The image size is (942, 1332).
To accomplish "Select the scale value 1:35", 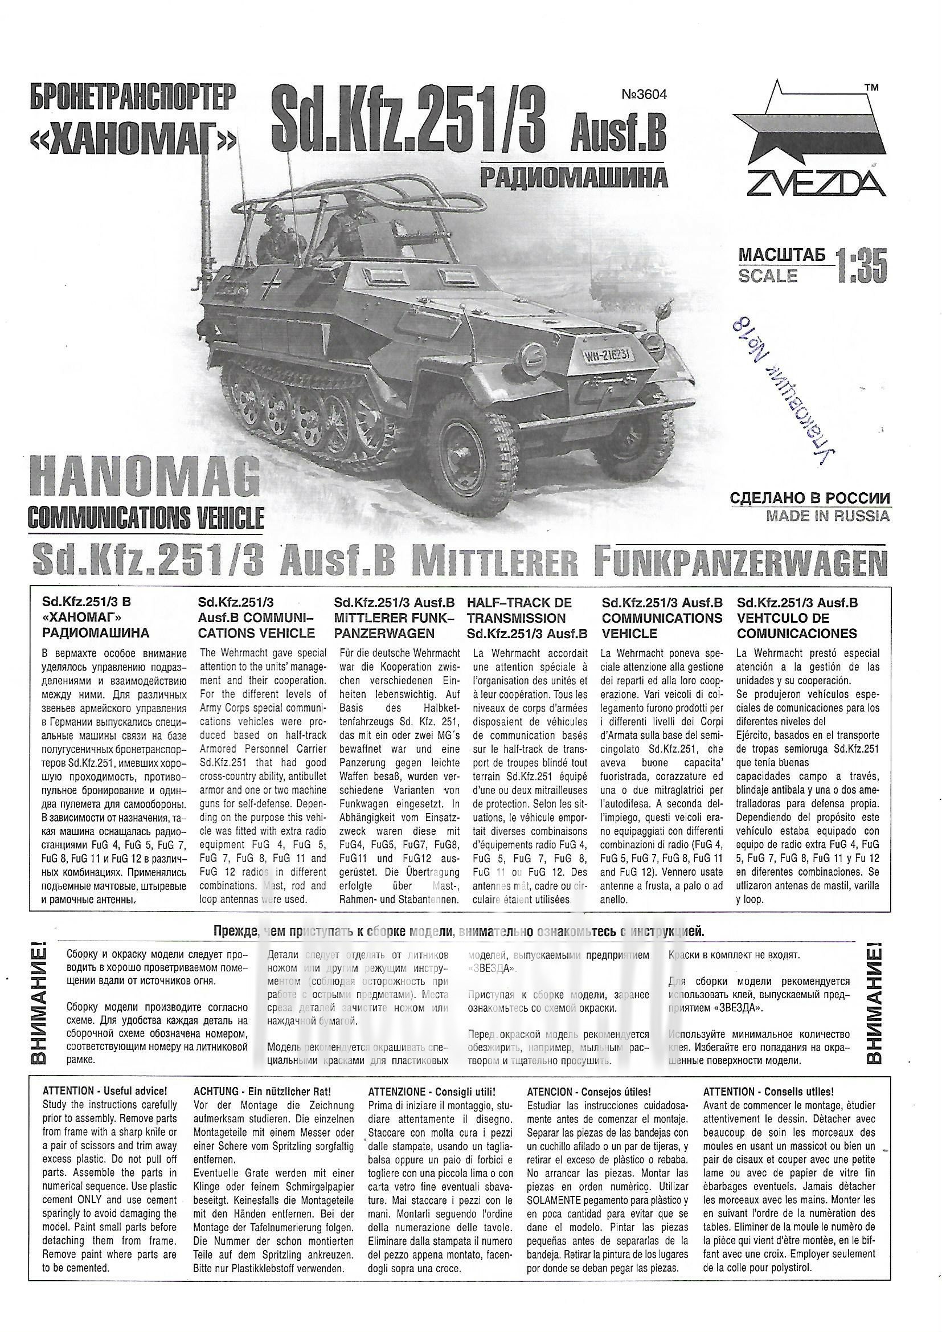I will tap(861, 266).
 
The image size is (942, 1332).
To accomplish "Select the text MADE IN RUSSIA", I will tap(827, 516).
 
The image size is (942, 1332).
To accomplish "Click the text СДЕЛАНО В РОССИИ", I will tap(810, 499).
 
